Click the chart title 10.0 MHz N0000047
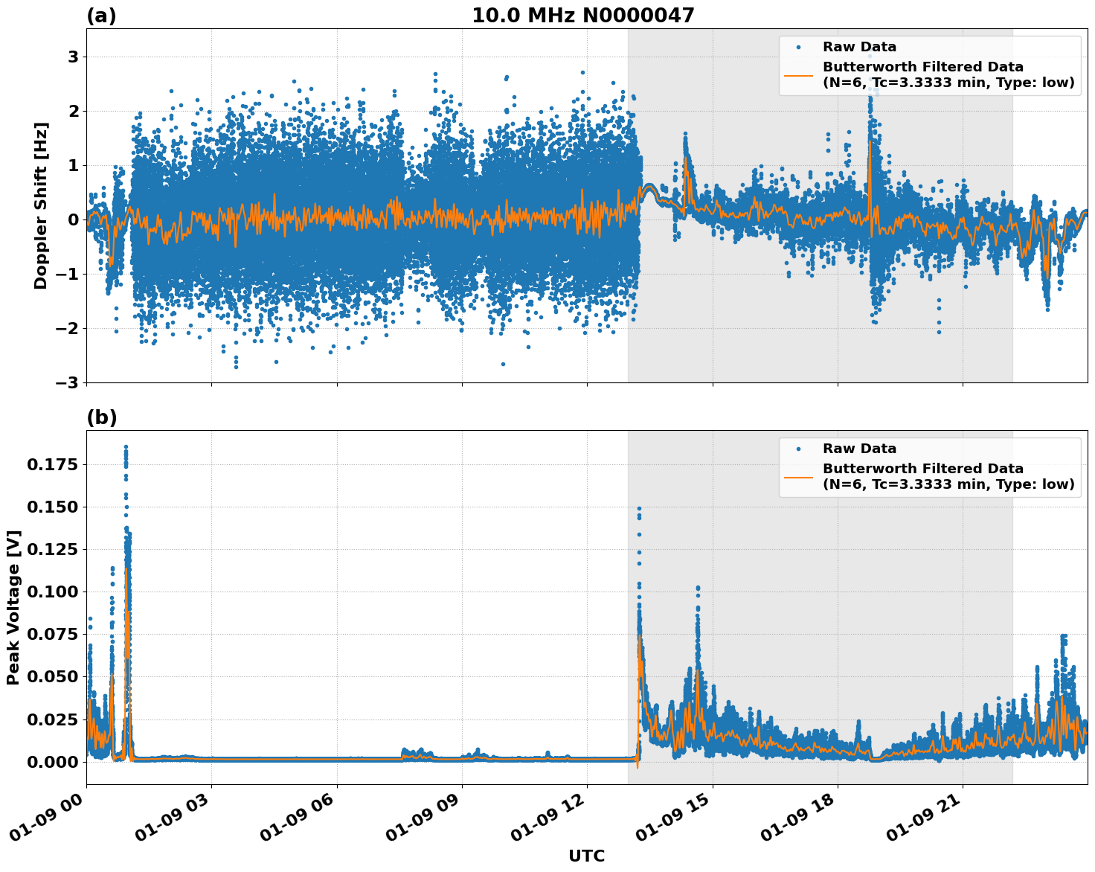582,16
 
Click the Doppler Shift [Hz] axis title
41,205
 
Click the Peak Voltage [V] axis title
13,607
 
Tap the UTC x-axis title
586,856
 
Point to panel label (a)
101,16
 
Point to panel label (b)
101,417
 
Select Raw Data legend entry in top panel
859,47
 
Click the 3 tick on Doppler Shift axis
73,57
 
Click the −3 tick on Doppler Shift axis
68,382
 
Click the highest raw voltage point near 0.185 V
126,447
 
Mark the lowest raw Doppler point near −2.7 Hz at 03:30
236,367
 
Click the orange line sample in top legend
799,74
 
